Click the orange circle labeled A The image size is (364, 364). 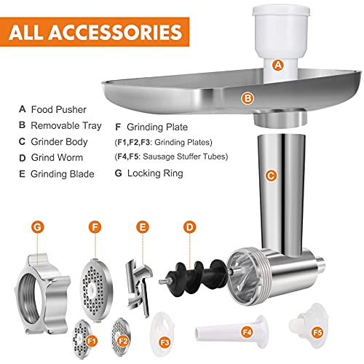coord(277,64)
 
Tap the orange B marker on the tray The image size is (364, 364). coord(248,97)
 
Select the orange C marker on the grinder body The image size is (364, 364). coord(271,175)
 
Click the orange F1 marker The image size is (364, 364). coord(92,339)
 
